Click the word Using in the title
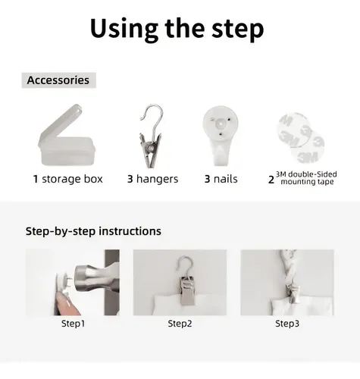(124, 29)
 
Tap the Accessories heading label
(58, 80)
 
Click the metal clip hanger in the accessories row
(151, 136)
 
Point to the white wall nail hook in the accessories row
(221, 135)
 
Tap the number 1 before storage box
(36, 179)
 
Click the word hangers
(157, 179)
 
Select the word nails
(225, 179)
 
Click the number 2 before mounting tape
(271, 180)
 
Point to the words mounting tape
(307, 182)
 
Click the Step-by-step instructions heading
(93, 231)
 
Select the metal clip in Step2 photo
(187, 290)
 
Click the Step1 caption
(73, 324)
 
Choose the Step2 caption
(180, 324)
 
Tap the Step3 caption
(287, 324)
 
